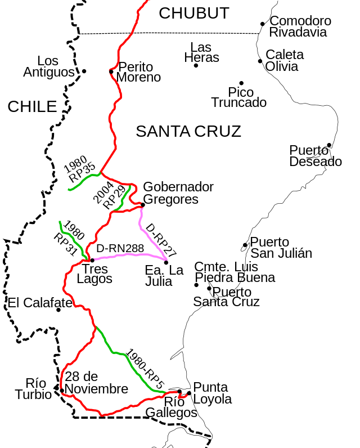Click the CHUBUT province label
194,14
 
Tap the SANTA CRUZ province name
188,132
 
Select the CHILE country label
32,106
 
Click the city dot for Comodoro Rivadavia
263,24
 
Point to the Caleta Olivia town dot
260,61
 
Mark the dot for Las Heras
196,65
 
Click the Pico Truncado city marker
241,83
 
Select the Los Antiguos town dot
84,71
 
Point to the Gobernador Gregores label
178,192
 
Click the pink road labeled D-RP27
151,236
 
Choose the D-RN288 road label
120,248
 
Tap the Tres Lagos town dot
92,260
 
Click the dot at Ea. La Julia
166,262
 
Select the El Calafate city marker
58,310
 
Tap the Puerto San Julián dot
245,245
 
